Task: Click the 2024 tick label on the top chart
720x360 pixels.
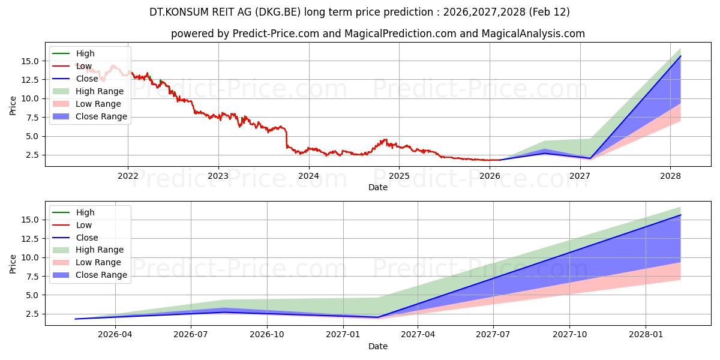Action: [308, 176]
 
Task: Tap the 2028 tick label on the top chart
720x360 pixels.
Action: [670, 176]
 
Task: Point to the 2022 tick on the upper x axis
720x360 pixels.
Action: [128, 176]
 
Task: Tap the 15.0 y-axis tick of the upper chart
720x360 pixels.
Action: [31, 61]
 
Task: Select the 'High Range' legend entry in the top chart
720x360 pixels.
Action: [99, 91]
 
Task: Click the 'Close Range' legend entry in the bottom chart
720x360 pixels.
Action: [101, 275]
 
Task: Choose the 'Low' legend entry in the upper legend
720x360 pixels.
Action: [84, 66]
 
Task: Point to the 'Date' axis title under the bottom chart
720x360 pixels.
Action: [378, 346]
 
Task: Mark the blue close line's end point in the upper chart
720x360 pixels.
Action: [680, 56]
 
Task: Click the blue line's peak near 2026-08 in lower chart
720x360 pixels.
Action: [224, 312]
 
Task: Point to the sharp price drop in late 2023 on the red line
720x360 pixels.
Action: [287, 138]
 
